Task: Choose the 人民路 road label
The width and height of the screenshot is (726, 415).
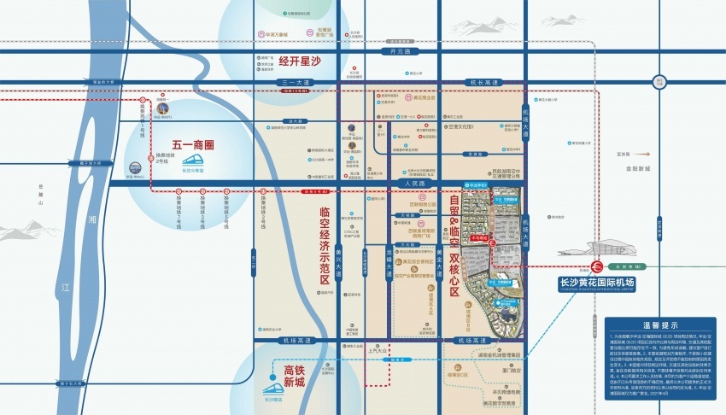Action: click(x=411, y=184)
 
